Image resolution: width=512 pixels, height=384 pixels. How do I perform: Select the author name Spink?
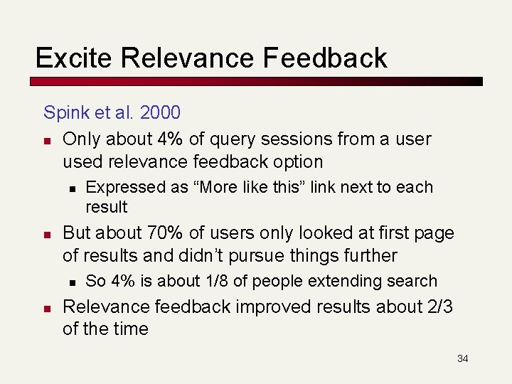pos(66,112)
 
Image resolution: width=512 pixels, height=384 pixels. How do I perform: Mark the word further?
pos(364,255)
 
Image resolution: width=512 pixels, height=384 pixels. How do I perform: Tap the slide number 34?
pos(462,358)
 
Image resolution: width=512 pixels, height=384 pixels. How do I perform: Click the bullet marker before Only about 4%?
pos(47,140)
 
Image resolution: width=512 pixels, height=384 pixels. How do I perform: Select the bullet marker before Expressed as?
pos(71,188)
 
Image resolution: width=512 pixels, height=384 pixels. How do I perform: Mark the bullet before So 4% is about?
pos(71,282)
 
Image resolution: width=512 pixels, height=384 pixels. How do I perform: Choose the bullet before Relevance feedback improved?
pos(47,308)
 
